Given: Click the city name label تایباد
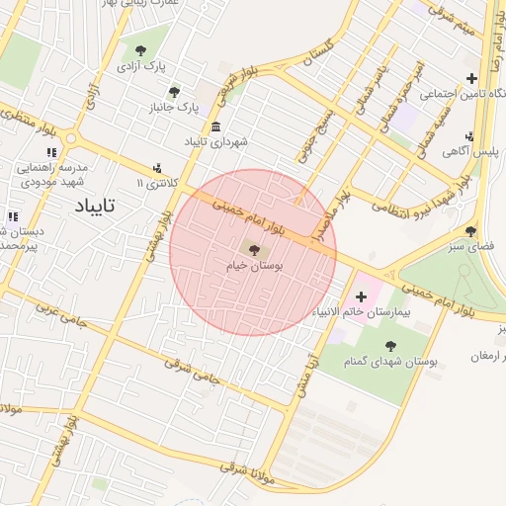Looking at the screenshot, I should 95,206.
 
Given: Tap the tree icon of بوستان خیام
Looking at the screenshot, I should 254,250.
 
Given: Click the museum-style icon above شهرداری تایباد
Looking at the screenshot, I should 216,126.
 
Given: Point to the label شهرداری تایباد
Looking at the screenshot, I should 216,142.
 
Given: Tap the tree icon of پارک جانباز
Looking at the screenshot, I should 175,91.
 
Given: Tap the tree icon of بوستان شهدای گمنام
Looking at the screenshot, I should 391,346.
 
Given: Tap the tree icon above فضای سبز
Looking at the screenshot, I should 468,230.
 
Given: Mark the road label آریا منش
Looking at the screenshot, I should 305,375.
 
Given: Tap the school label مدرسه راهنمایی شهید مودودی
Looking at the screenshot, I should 48,174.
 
